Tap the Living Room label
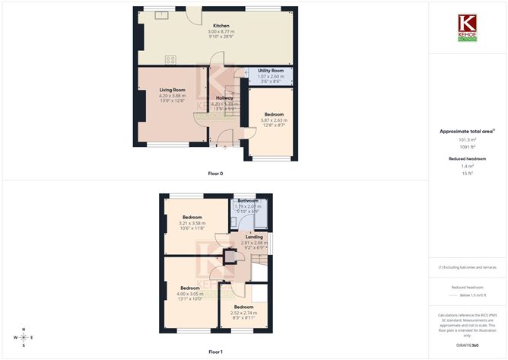pyautogui.click(x=172, y=90)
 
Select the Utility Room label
pyautogui.click(x=270, y=70)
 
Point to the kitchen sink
pyautogui.click(x=162, y=14)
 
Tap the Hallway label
pyautogui.click(x=224, y=98)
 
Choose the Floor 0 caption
pyautogui.click(x=216, y=174)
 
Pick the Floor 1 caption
pyautogui.click(x=216, y=352)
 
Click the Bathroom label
pyautogui.click(x=248, y=201)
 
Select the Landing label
pyautogui.click(x=251, y=237)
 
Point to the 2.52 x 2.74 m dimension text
pyautogui.click(x=244, y=312)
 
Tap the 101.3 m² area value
pyautogui.click(x=467, y=140)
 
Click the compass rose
pyautogui.click(x=24, y=336)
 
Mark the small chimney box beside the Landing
pyautogui.click(x=229, y=258)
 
